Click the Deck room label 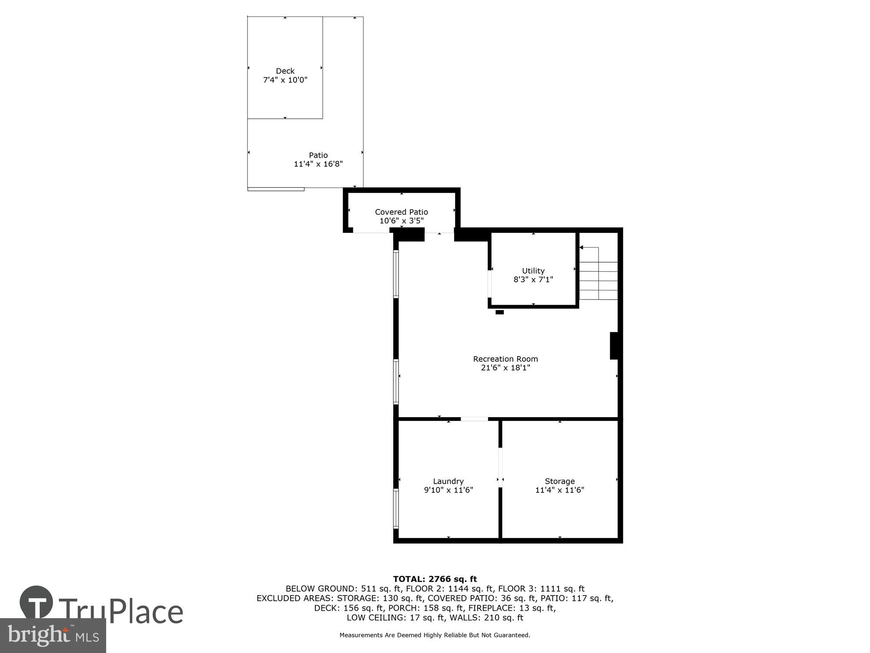[285, 71]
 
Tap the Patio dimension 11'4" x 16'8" [318, 164]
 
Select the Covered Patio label [401, 212]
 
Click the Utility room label [533, 271]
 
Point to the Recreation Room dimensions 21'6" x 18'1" [505, 368]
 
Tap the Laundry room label [448, 481]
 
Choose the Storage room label [559, 481]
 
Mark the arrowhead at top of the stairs [581, 247]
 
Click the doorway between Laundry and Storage [500, 467]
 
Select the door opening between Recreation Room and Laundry [474, 419]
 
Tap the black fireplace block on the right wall [614, 346]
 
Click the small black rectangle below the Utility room [499, 312]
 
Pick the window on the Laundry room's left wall [396, 508]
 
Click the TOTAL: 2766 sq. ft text [435, 579]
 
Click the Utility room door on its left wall [489, 283]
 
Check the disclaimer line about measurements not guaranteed [435, 635]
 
